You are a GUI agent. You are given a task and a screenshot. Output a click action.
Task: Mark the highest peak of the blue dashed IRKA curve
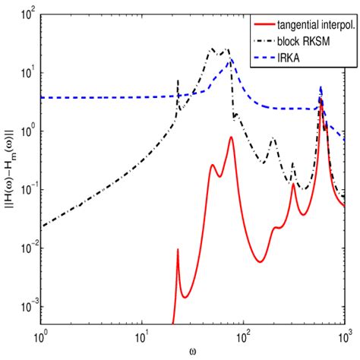pyautogui.click(x=321, y=87)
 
